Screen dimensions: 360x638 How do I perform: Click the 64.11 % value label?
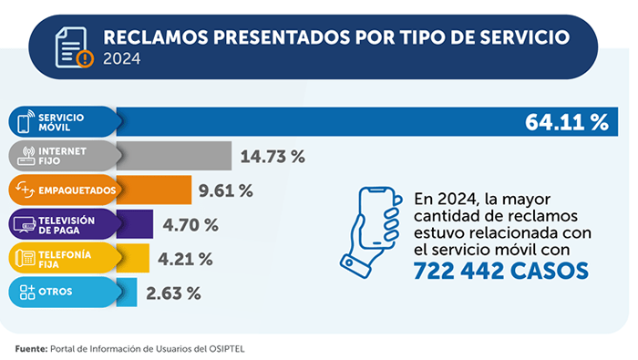(x=566, y=123)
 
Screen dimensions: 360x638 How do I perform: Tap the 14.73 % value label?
(x=272, y=156)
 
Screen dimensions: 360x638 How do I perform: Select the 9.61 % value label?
(x=225, y=190)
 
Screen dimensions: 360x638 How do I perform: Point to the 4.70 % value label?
(x=190, y=224)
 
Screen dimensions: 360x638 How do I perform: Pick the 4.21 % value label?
(x=185, y=259)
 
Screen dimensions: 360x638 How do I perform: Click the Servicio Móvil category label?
(x=61, y=123)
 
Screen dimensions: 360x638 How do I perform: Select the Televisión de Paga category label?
(x=67, y=224)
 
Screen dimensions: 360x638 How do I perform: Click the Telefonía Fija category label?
(x=63, y=259)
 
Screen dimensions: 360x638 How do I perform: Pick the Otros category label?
(x=56, y=293)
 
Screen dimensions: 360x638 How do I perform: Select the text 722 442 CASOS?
(x=500, y=272)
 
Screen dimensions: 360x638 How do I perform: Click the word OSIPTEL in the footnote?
(x=226, y=348)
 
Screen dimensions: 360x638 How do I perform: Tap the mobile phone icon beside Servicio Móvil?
(x=24, y=123)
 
